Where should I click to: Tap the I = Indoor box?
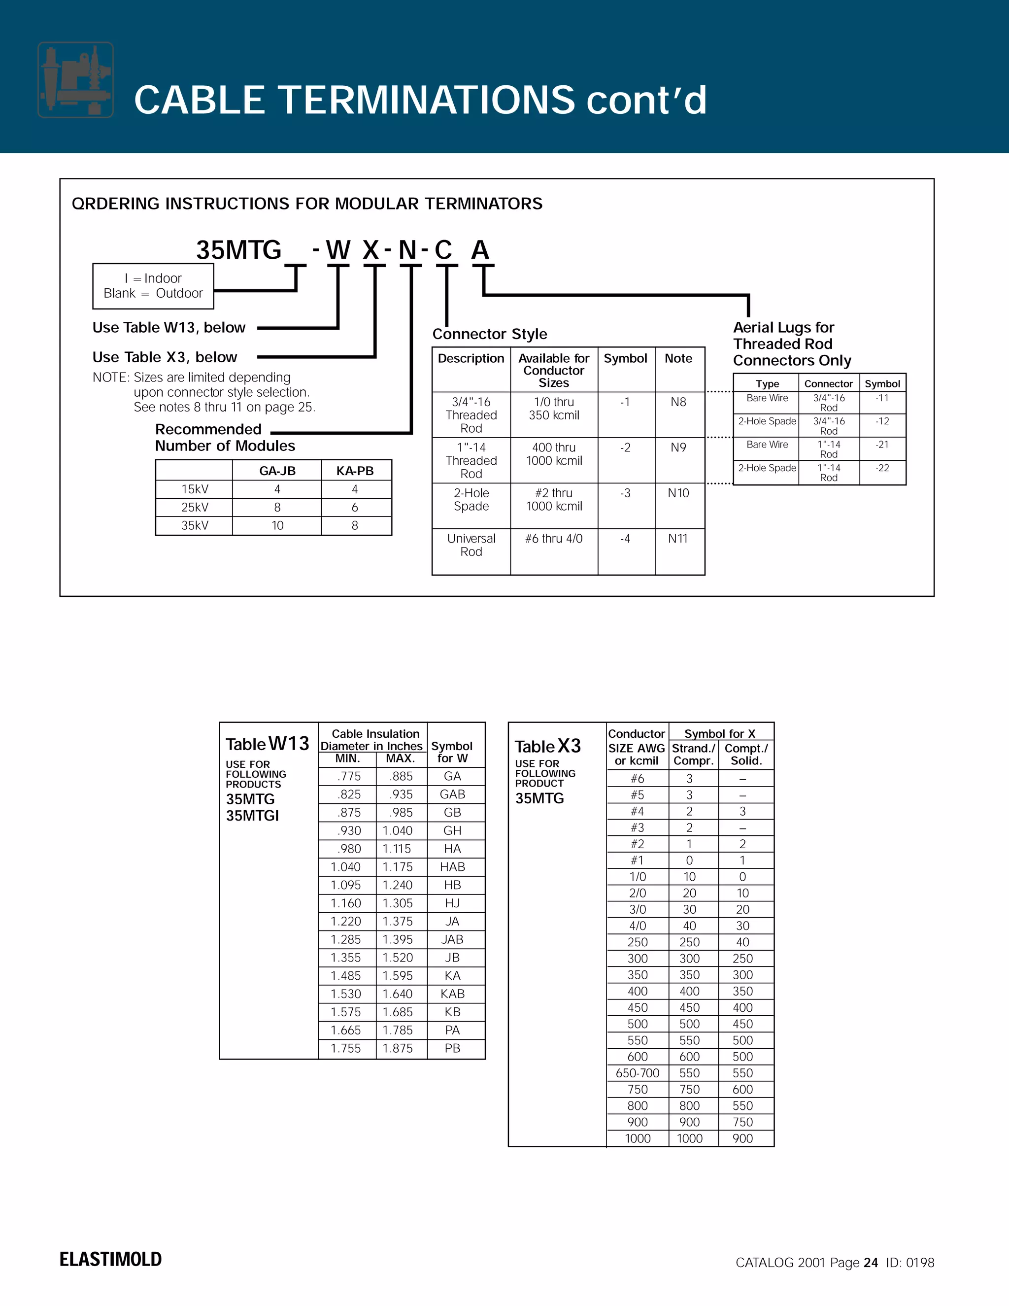tap(153, 286)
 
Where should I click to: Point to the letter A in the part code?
tap(480, 250)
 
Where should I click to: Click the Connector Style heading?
tap(490, 334)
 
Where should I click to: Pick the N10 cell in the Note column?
tap(678, 493)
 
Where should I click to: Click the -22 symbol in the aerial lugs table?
tap(882, 468)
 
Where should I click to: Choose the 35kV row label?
tap(195, 525)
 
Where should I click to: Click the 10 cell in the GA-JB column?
tap(277, 525)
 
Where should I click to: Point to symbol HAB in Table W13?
tap(452, 866)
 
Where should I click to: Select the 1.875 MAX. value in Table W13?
tap(398, 1048)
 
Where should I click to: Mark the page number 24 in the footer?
tap(871, 1262)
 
